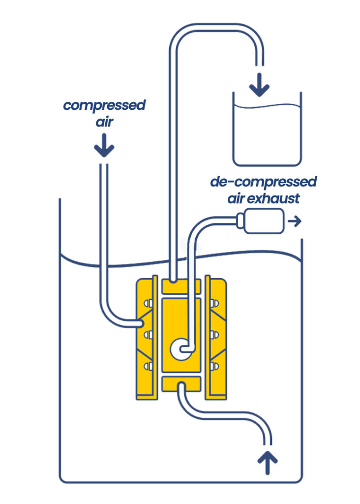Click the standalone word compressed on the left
tap(105, 106)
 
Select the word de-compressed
tap(264, 183)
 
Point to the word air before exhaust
tap(238, 198)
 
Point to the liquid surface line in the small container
tap(267, 106)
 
